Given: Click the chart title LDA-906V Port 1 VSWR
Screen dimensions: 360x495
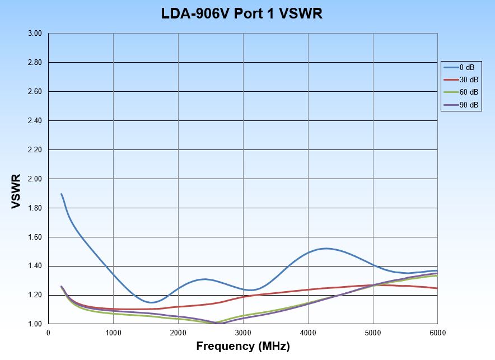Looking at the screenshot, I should [242, 14].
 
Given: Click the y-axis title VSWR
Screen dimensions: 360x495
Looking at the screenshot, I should [16, 191].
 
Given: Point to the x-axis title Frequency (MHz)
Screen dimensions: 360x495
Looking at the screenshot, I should [243, 347].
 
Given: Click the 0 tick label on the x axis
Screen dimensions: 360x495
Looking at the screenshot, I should [49, 333].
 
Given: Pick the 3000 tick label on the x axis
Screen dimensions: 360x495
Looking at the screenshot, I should [243, 333].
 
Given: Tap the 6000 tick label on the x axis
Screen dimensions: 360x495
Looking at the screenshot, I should [437, 333].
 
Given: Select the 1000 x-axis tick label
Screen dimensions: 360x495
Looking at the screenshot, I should [113, 333].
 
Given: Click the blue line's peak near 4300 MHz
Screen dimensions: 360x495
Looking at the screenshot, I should [325, 248].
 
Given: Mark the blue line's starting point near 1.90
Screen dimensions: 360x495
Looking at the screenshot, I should [61, 194].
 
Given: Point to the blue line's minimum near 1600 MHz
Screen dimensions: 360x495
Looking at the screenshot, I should [151, 302].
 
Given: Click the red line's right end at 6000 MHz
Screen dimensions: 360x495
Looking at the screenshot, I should [437, 288].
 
